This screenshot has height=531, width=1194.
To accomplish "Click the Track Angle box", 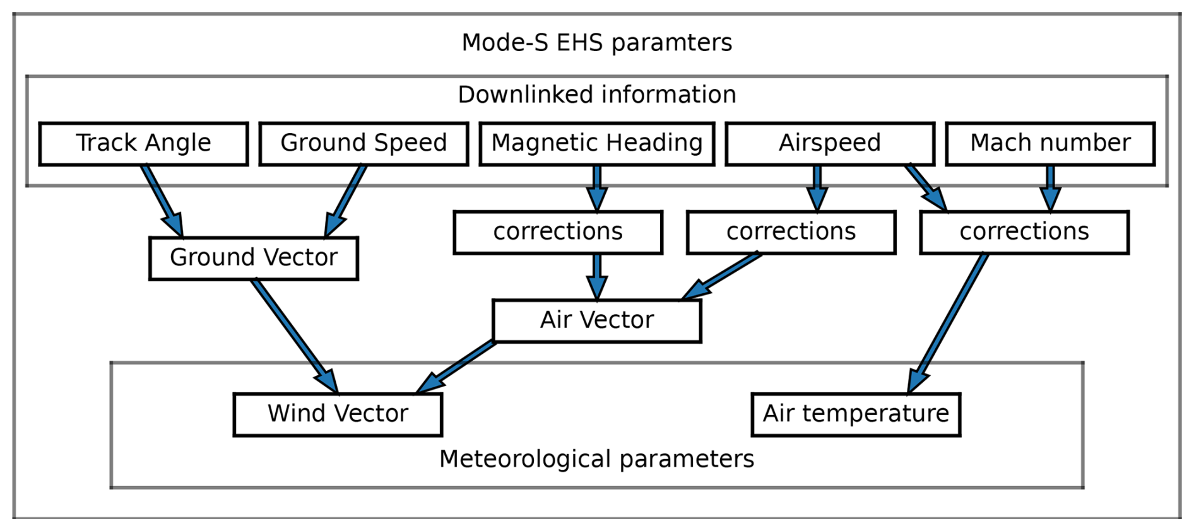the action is pos(143,144).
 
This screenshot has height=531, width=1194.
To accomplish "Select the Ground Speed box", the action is pos(364,144).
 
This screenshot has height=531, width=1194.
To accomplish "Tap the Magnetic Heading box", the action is pos(596,144).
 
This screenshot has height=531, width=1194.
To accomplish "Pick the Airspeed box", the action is pos(830,144).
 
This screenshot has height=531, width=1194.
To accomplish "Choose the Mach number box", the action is pos(1050,144).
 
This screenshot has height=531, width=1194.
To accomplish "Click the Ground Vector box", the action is pos(254,258).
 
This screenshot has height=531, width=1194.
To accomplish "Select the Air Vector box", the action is pos(596,321).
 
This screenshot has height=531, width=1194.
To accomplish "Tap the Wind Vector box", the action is pos(338,414).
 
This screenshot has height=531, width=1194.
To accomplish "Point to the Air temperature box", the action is pos(856,414).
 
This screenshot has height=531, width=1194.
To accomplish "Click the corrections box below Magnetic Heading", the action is pos(558,232).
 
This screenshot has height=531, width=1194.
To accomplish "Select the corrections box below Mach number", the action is pos(1024,232).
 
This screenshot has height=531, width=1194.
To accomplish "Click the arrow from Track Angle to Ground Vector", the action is pos(163,201).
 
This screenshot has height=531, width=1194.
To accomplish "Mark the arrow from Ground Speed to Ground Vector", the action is pos(345,201).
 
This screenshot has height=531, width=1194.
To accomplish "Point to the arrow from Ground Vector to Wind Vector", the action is pos(295,337).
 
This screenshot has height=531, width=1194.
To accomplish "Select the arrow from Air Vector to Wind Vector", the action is pos(456,367).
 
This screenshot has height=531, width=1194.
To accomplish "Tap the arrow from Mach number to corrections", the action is pos(1050,188).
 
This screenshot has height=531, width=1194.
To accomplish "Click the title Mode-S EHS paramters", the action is pos(597,43).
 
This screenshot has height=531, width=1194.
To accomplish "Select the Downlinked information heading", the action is pos(597,95).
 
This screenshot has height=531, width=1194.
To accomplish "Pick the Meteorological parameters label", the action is pos(597,459).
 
